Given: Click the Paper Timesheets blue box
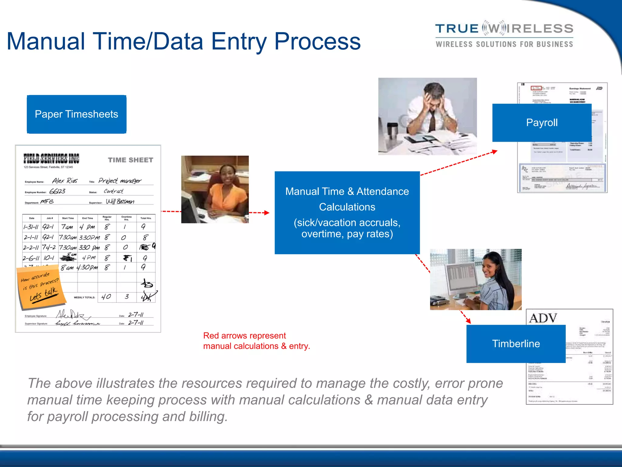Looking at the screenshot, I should click(77, 114).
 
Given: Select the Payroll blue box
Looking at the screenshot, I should click(542, 123).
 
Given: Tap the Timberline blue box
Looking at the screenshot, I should click(516, 344).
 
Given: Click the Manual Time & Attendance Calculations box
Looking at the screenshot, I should click(347, 213).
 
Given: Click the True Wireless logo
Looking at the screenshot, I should click(504, 35).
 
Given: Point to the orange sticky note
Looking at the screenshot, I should click(41, 287).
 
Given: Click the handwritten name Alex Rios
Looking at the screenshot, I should click(65, 181).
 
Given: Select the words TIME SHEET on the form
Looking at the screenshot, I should click(131, 160).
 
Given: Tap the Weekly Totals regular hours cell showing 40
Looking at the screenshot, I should click(106, 297).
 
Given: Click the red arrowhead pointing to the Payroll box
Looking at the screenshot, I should click(495, 151).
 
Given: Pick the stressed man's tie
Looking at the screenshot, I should click(432, 122).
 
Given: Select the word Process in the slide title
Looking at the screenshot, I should click(317, 42).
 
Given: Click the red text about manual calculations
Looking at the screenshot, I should click(256, 341).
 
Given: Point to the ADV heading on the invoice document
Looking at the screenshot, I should click(543, 318).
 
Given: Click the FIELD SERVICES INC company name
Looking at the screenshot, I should click(51, 158).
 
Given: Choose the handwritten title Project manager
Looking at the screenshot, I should click(120, 181).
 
